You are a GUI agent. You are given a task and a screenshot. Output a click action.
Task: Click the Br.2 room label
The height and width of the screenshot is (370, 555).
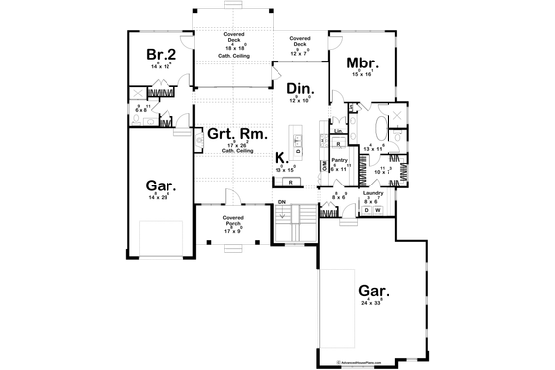[x=161, y=54]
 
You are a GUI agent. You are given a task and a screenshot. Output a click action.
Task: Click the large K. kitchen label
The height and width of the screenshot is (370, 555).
[x=281, y=157]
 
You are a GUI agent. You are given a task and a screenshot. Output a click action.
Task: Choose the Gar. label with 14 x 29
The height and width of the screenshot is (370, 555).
[x=161, y=185]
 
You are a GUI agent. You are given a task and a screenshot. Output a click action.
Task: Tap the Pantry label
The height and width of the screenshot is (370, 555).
[x=338, y=159]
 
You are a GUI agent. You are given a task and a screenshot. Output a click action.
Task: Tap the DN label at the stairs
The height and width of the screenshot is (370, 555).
[x=281, y=202]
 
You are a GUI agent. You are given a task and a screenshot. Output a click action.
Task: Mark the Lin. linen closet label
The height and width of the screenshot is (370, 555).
[x=338, y=130]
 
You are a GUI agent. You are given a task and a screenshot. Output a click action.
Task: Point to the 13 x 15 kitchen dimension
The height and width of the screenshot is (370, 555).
[x=285, y=170]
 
